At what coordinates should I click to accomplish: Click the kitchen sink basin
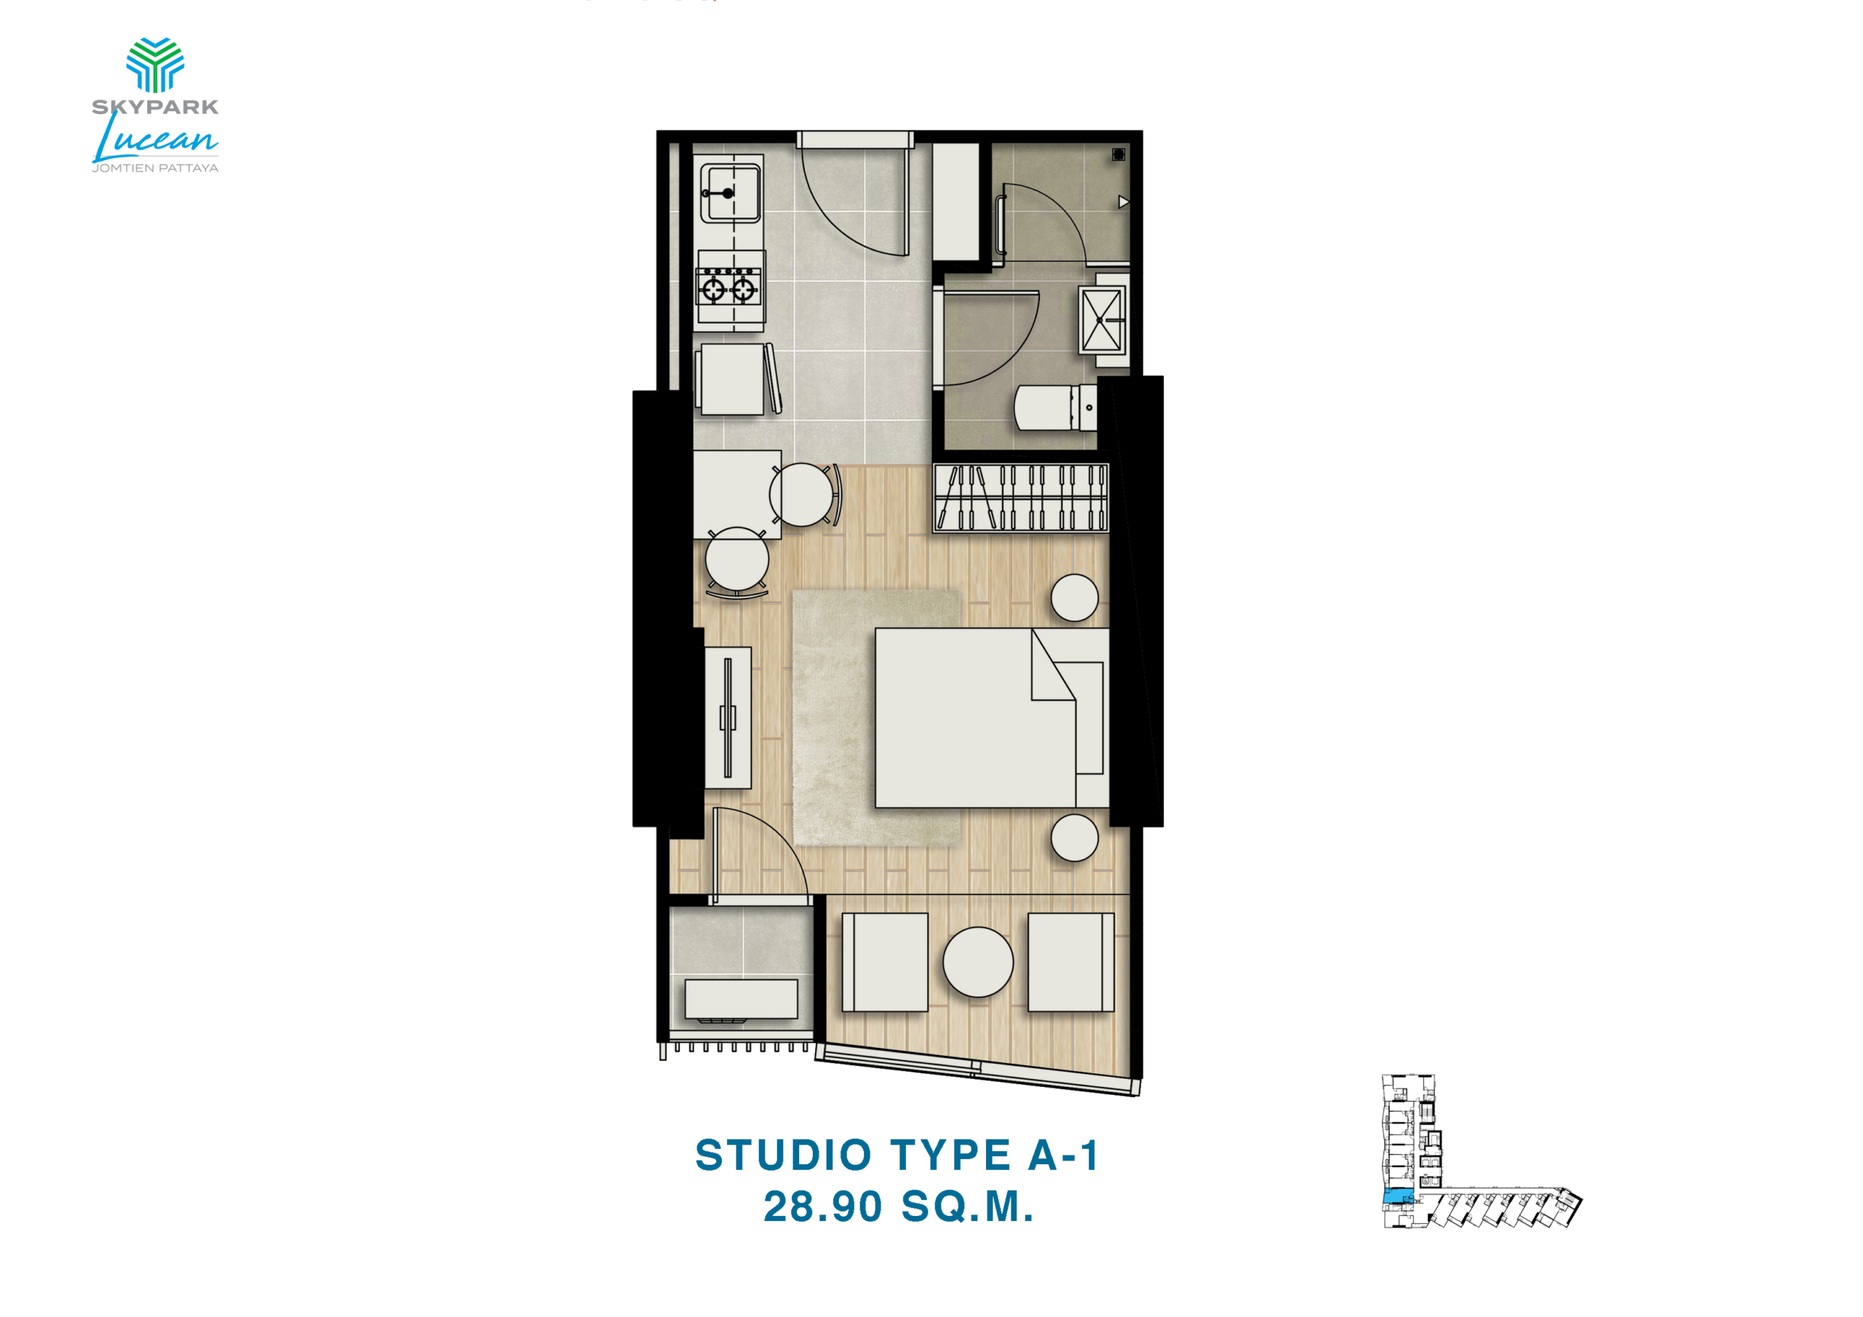730,193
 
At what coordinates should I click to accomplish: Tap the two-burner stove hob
730,288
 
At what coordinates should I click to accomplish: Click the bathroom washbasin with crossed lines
1102,321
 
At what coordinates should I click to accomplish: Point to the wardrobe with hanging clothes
1021,498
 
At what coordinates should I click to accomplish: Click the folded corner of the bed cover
1053,664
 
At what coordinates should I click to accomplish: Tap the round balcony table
978,963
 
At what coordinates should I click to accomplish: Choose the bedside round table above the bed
1074,598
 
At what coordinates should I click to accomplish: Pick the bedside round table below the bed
1074,838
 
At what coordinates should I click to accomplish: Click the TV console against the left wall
727,718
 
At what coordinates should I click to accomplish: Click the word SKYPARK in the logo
155,106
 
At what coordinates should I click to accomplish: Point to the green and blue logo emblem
155,64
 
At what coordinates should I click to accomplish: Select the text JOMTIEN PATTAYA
155,168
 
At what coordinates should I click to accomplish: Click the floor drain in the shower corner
1118,154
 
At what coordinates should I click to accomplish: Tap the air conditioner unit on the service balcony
741,1000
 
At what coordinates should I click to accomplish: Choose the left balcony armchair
884,963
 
